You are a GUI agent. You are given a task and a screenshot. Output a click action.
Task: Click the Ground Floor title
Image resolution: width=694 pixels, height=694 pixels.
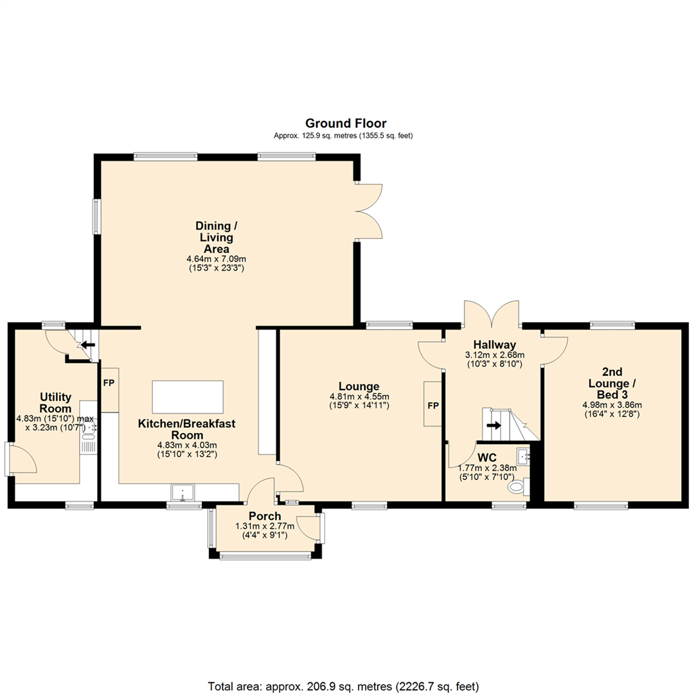point(346,123)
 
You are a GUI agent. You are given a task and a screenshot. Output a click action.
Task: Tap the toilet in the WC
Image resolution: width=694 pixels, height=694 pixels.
point(517,488)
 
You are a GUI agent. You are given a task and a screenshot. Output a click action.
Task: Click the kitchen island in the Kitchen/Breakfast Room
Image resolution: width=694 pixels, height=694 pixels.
point(188,396)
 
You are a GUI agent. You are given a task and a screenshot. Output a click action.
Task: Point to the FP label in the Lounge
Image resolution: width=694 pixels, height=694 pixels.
point(433,406)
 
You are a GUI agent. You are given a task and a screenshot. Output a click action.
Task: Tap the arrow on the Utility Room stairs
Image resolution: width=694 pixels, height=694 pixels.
point(87,344)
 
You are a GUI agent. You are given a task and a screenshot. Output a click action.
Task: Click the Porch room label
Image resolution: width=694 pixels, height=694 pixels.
point(265,516)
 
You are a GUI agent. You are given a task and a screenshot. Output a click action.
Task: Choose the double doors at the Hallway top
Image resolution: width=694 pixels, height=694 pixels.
point(492,314)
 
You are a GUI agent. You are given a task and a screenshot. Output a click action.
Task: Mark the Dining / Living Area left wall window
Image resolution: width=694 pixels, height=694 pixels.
point(97,216)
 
